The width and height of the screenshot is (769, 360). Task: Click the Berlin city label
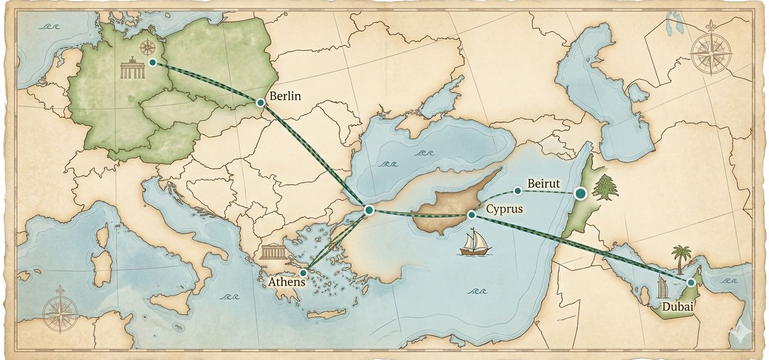(x=285, y=96)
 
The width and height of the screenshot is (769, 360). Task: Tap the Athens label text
(x=287, y=282)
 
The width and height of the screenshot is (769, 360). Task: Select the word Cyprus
(x=504, y=209)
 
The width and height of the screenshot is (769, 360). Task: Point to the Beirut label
(x=544, y=183)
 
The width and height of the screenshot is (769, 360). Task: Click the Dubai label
(x=677, y=307)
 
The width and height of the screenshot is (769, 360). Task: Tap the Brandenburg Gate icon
(x=133, y=70)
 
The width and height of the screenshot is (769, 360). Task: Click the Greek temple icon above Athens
(x=271, y=252)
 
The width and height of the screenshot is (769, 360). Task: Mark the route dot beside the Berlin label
(x=261, y=103)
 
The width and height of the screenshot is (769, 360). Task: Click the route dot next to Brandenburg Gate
(x=152, y=62)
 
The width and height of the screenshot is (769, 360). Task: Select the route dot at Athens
(x=303, y=273)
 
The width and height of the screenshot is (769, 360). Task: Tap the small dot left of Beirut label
(x=517, y=191)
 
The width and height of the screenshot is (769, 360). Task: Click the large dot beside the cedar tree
(x=580, y=193)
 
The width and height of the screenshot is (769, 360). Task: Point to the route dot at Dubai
(x=691, y=282)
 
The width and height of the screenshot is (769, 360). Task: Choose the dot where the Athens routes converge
(x=369, y=210)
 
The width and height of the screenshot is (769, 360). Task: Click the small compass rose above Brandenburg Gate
(x=147, y=48)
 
